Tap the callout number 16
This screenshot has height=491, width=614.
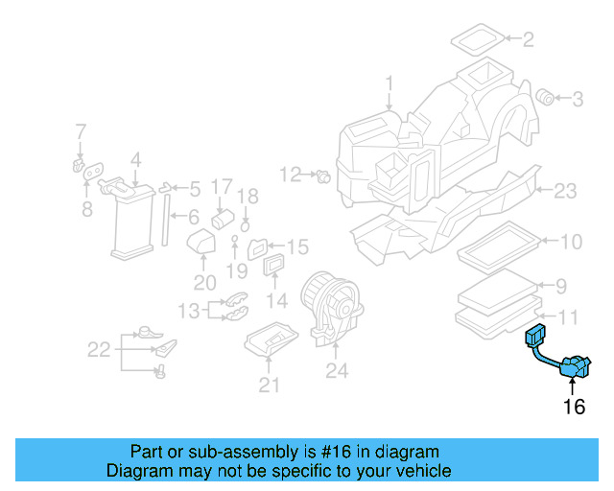(574, 407)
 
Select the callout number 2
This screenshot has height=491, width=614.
(528, 39)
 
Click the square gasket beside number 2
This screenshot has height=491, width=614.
(476, 40)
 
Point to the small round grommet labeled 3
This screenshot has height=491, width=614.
(547, 96)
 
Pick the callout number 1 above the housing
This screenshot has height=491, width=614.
(390, 83)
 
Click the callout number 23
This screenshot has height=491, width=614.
(565, 191)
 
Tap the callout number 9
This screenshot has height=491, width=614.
(563, 285)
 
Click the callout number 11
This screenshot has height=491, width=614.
(569, 316)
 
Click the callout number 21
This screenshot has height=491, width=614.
(270, 386)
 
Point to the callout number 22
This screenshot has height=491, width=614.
(99, 350)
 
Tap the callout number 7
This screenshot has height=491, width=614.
(81, 130)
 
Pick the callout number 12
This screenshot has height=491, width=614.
(290, 174)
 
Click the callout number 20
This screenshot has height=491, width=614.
(204, 282)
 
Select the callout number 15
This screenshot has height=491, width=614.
(296, 246)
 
